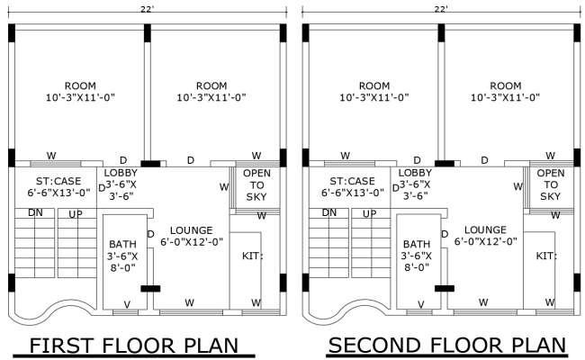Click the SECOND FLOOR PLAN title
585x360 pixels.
click(x=447, y=346)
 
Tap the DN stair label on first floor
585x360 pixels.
click(x=35, y=213)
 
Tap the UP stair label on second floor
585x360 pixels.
click(x=369, y=213)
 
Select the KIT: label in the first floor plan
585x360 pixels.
click(x=253, y=256)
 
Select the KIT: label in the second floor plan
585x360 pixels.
click(x=546, y=256)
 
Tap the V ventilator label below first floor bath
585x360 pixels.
click(x=126, y=303)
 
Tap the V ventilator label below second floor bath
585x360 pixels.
click(x=420, y=303)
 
